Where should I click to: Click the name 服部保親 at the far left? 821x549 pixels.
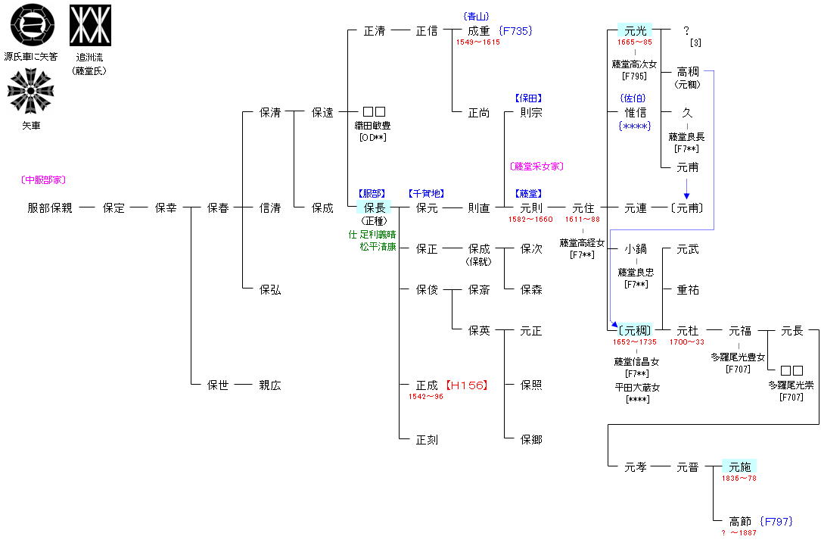[x=50, y=207]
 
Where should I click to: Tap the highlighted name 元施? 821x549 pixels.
[x=739, y=467]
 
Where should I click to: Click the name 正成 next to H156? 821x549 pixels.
[x=427, y=385]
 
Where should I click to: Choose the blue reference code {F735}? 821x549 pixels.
[x=516, y=31]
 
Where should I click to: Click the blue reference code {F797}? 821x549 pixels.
[x=776, y=522]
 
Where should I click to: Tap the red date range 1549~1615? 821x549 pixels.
[x=477, y=42]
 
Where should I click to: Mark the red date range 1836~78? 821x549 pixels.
[x=739, y=479]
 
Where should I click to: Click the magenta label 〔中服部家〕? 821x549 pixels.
[x=43, y=180]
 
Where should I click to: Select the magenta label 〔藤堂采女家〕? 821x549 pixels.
[x=536, y=167]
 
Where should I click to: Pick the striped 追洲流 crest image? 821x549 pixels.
[x=90, y=25]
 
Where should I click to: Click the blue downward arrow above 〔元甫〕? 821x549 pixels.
[x=687, y=189]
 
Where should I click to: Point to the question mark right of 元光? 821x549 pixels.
[x=686, y=31]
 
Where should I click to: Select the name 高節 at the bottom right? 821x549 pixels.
[x=740, y=522]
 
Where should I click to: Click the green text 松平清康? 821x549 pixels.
[x=378, y=246]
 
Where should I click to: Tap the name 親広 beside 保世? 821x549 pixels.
[x=270, y=385]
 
